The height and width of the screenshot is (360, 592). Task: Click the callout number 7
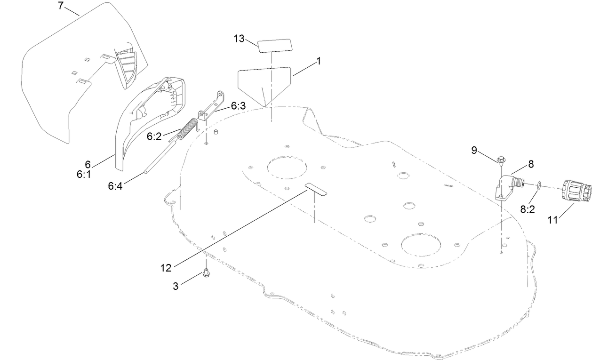[x=60, y=6]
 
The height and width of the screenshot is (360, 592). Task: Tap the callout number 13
[x=239, y=39]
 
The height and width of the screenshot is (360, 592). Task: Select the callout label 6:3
[x=238, y=106]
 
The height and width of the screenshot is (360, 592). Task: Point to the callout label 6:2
[x=154, y=136]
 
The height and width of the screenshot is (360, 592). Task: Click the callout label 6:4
[x=115, y=186]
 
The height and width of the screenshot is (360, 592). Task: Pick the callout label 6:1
[x=84, y=174]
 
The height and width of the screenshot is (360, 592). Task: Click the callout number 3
[x=176, y=286]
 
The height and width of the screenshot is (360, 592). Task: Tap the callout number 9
[x=474, y=150]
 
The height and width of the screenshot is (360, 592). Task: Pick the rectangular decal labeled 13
[x=274, y=46]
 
